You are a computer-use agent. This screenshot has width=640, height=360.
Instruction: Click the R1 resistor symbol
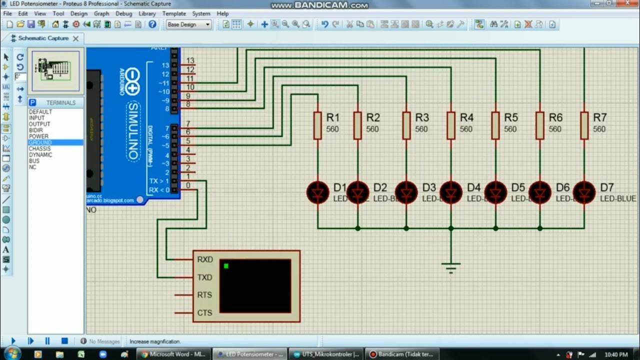pyautogui.click(x=317, y=125)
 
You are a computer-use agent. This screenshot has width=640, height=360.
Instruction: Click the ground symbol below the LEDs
pyautogui.click(x=451, y=267)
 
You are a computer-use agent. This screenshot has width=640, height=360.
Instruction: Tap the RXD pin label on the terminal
pyautogui.click(x=205, y=259)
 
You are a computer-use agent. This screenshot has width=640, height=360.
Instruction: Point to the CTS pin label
pyautogui.click(x=205, y=313)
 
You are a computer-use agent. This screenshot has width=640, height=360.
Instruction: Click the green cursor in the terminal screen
pyautogui.click(x=226, y=266)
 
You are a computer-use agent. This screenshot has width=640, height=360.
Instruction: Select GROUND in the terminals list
pyautogui.click(x=40, y=142)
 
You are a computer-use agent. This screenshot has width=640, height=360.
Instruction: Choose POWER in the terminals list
pyautogui.click(x=39, y=136)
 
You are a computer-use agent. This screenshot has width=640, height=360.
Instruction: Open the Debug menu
pyautogui.click(x=124, y=13)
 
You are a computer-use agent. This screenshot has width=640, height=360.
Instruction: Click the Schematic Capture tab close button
pyautogui.click(x=75, y=38)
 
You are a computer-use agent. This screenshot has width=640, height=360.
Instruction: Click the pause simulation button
pyautogui.click(x=47, y=341)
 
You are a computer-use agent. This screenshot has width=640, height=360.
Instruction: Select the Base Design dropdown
pyautogui.click(x=188, y=24)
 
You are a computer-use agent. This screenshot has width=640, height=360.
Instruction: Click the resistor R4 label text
pyautogui.click(x=466, y=117)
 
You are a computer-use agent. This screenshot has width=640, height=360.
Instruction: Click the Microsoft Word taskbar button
pyautogui.click(x=172, y=354)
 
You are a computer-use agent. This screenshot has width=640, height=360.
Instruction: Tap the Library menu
pyautogui.click(x=147, y=13)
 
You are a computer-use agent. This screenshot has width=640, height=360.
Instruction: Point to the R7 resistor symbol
pyautogui.click(x=584, y=125)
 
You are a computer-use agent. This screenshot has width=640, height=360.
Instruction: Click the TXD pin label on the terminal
pyautogui.click(x=205, y=277)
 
